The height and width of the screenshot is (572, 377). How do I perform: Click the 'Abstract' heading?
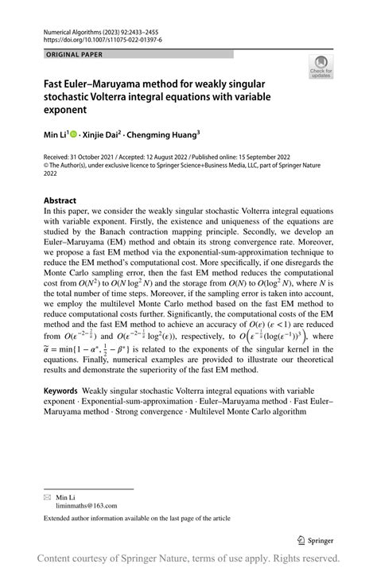pyautogui.click(x=60, y=200)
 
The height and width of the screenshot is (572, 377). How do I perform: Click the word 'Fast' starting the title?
pyautogui.click(x=56, y=83)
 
